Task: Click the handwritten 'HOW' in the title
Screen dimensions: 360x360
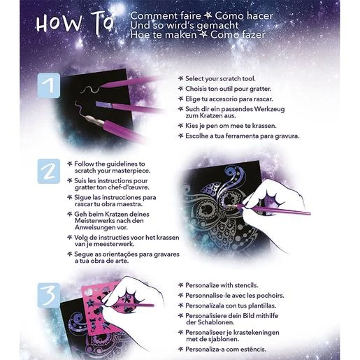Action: [59, 23]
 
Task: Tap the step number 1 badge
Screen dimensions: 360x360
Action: [49, 85]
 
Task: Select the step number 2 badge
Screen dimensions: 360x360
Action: [49, 171]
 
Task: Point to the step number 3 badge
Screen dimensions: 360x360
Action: [49, 295]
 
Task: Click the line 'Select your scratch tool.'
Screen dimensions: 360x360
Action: [220, 79]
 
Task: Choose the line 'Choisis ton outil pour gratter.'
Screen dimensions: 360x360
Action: [229, 89]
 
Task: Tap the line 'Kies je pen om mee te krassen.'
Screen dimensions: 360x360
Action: [231, 126]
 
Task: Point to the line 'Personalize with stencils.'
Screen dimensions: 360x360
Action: [222, 285]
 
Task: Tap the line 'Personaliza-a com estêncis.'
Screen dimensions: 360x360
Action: [226, 350]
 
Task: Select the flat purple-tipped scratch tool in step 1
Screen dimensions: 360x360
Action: [129, 107]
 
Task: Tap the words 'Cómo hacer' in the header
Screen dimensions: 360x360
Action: [243, 16]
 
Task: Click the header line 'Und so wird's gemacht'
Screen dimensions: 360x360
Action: [185, 26]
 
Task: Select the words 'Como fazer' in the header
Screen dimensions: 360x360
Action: [238, 35]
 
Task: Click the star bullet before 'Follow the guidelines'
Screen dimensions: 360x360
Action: [69, 164]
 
